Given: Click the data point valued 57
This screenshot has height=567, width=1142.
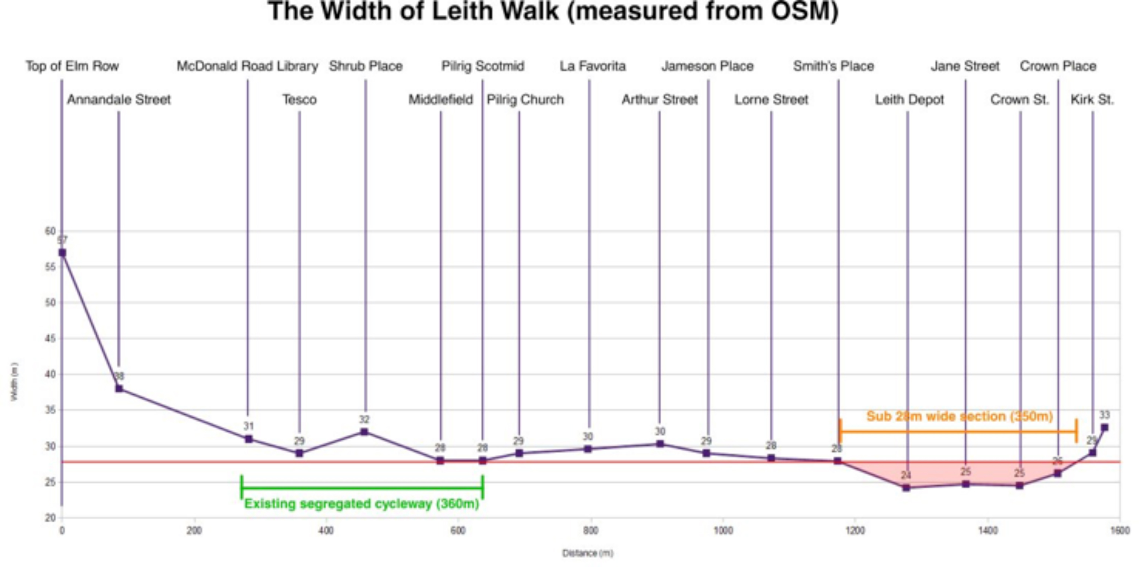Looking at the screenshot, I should pyautogui.click(x=63, y=253).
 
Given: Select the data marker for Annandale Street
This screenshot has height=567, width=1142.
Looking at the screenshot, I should pyautogui.click(x=119, y=389).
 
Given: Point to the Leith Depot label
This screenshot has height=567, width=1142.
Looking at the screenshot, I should pyautogui.click(x=909, y=100).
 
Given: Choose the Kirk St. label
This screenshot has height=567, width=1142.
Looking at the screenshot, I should pyautogui.click(x=1092, y=100).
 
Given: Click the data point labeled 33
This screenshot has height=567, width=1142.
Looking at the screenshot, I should pyautogui.click(x=1104, y=428).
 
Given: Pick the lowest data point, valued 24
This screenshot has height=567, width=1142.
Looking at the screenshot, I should pyautogui.click(x=906, y=488).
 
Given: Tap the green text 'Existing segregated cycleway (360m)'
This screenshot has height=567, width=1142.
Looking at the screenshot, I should pyautogui.click(x=362, y=504).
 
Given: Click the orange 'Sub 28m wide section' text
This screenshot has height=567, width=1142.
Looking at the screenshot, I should pyautogui.click(x=959, y=417).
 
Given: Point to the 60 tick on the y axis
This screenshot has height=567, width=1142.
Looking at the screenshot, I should pyautogui.click(x=50, y=231).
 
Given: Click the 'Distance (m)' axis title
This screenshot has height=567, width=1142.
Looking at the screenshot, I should pyautogui.click(x=588, y=553).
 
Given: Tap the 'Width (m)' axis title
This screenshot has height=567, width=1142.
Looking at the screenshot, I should pyautogui.click(x=14, y=382).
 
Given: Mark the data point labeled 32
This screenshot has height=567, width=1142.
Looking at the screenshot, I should pyautogui.click(x=364, y=432).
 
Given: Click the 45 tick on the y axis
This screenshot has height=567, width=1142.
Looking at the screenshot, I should pyautogui.click(x=50, y=338).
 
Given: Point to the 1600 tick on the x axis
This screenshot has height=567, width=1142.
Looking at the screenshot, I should pyautogui.click(x=1120, y=531).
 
